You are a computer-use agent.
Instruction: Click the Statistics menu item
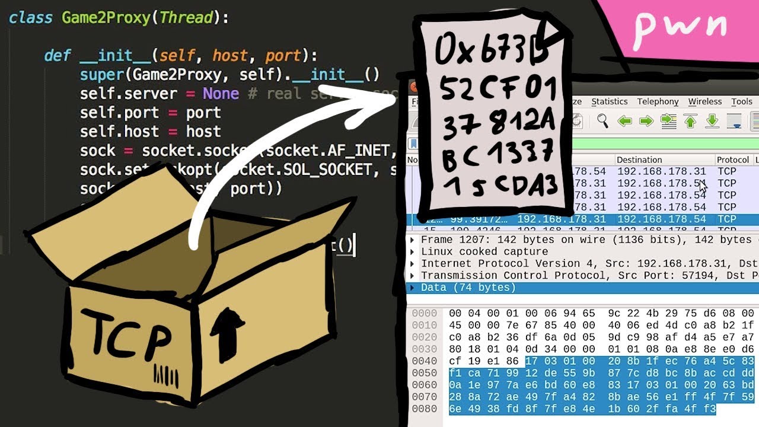click(x=609, y=102)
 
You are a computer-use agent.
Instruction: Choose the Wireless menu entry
click(x=704, y=102)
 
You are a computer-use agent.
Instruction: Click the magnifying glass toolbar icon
click(x=602, y=122)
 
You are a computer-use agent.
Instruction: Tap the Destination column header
click(x=639, y=160)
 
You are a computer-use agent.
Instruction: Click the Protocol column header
click(x=732, y=160)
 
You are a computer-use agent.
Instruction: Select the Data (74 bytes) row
click(x=468, y=288)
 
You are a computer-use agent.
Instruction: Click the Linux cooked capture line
click(x=484, y=252)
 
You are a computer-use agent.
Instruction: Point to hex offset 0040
click(x=424, y=361)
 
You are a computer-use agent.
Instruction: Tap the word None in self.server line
click(x=221, y=94)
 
